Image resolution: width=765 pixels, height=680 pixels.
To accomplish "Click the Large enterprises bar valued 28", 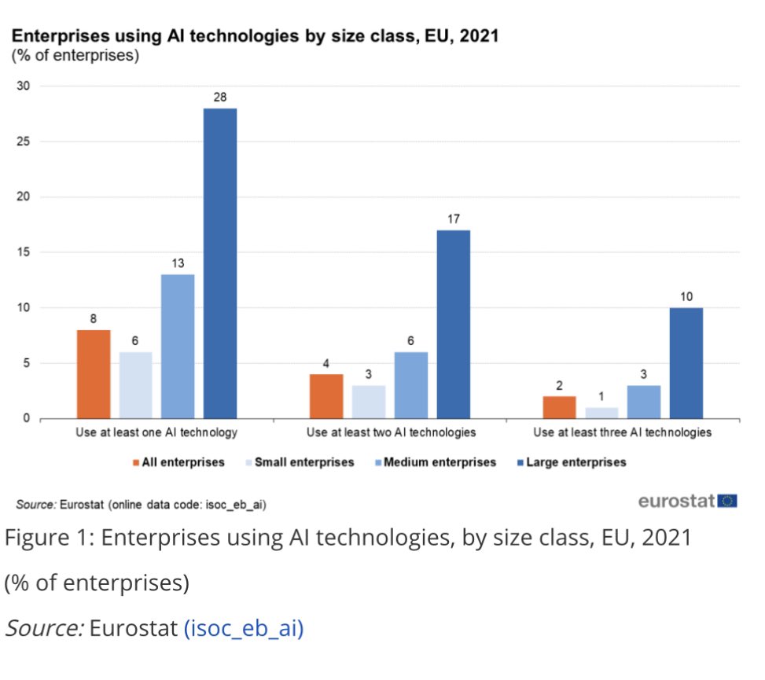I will click(219, 263).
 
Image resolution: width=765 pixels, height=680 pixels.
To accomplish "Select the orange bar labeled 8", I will click(93, 374).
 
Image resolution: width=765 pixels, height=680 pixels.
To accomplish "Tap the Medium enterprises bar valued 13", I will click(178, 346).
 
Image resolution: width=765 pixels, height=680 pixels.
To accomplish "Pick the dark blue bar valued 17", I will click(453, 324).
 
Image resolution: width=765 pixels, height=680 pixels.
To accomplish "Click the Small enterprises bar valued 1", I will click(602, 413).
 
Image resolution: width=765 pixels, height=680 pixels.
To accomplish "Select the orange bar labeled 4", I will click(326, 396).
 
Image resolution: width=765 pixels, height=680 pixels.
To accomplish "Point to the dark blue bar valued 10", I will click(686, 362).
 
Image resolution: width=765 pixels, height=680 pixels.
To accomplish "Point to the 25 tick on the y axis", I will click(23, 142).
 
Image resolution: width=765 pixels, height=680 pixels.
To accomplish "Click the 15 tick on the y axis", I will click(23, 252).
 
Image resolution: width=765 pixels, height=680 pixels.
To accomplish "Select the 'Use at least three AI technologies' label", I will click(622, 432).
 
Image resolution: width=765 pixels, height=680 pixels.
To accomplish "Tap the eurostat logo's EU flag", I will click(726, 501).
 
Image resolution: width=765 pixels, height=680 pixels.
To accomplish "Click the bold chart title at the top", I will click(253, 36).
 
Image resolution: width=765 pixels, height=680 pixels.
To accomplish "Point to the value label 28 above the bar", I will click(219, 97).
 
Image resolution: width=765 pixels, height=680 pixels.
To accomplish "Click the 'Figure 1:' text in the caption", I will click(48, 539).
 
